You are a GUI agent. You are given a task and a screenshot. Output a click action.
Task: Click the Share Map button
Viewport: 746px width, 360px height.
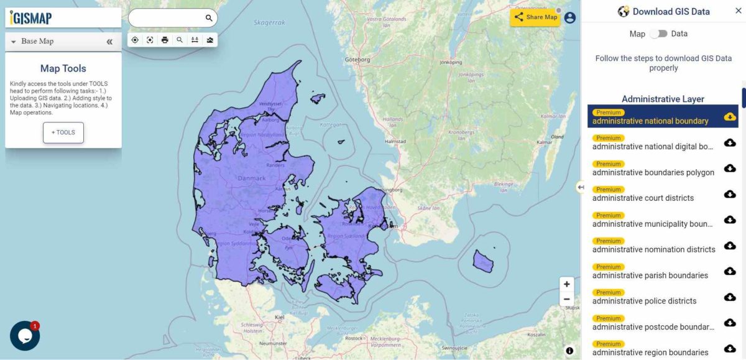[x=535, y=17]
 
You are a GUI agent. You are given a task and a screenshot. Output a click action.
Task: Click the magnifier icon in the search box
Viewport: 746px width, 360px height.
[x=209, y=18]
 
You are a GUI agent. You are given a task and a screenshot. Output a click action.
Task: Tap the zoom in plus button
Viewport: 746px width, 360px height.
[x=566, y=284]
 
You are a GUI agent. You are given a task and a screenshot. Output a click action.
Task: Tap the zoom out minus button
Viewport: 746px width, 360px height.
[x=566, y=299]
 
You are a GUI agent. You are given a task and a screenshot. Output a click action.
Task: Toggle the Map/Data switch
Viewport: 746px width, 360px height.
[x=658, y=34]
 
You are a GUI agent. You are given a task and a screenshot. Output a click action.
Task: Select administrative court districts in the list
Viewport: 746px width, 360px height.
[x=643, y=198]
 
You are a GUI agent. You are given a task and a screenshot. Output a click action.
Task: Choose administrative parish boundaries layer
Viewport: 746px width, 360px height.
[x=650, y=275]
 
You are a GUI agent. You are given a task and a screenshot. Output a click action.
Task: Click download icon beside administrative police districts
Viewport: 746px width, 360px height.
[x=730, y=297]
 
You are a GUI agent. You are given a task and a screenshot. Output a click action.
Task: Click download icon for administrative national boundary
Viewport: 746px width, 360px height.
[x=730, y=117]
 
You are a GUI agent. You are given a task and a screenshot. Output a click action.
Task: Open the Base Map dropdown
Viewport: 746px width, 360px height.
[x=37, y=41]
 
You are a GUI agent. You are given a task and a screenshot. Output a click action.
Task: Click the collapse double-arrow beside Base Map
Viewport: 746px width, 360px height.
[x=109, y=42]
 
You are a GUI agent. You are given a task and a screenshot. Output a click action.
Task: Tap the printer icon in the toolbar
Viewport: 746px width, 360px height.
[x=165, y=40]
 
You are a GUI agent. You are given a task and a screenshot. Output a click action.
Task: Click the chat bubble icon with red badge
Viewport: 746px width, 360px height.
[x=25, y=336]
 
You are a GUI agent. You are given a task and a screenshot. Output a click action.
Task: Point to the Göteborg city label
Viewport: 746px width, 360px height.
[x=357, y=60]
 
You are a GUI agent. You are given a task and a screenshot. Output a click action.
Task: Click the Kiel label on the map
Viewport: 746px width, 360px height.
[x=279, y=317]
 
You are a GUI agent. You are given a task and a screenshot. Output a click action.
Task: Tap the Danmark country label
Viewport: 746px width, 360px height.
[x=252, y=178]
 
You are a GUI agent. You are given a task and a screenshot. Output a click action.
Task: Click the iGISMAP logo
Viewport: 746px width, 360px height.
[x=31, y=18]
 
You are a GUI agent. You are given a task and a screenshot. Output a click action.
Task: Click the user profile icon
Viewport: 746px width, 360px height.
[x=570, y=17]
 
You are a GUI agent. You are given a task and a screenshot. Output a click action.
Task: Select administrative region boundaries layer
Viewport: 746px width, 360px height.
[x=650, y=353]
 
